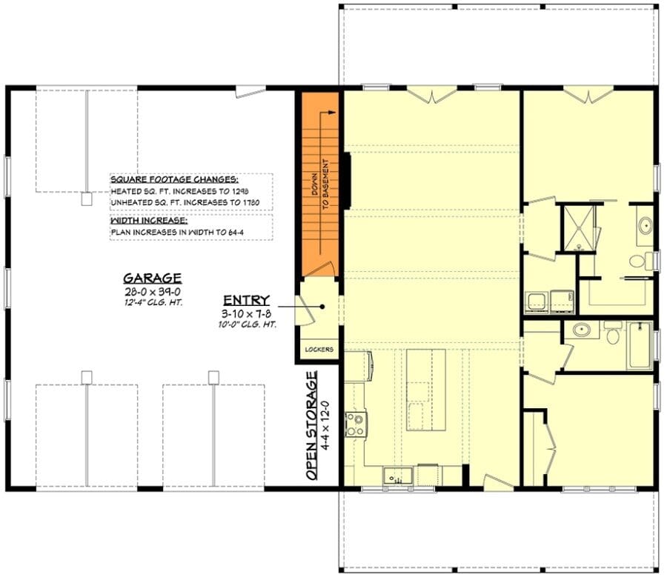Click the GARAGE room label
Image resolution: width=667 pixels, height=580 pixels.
pos(153,279)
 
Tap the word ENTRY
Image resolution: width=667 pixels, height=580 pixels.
pos(247,301)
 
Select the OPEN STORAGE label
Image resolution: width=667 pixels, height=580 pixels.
pos(313,426)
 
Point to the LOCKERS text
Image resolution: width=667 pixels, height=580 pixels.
pos(319,350)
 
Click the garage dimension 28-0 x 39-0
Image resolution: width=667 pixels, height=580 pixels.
pos(153,292)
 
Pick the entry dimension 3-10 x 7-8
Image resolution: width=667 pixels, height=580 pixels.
pos(247,314)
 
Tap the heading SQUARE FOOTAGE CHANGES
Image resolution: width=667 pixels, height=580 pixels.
pos(174,179)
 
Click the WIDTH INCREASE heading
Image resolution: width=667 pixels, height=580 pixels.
pos(149,221)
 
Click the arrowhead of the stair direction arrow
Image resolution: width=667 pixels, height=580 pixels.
pos(332,113)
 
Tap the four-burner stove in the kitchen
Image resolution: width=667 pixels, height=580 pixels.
pos(356,424)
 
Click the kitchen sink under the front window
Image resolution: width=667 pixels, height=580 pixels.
pos(398,476)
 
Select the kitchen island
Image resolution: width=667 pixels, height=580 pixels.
pos(426,390)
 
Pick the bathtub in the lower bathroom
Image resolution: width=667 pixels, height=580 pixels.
pos(640,346)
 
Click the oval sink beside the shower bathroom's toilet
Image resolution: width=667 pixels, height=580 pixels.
pos(646,224)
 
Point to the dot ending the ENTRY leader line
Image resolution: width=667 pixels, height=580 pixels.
pos(323,307)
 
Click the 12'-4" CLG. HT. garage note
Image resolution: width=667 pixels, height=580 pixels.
pos(153,303)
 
